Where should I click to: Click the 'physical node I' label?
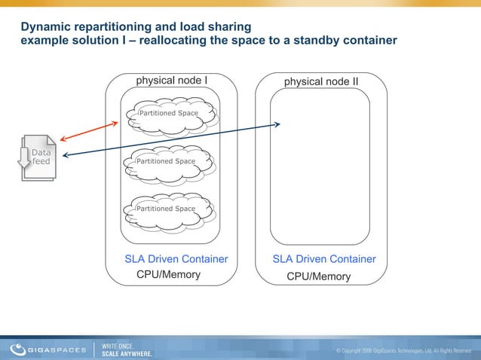171,79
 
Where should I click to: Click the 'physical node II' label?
321,81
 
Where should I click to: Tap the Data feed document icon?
38,157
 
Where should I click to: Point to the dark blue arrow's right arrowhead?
277,124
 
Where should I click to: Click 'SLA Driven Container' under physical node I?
176,259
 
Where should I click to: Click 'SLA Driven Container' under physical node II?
324,259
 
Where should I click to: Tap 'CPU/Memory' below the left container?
168,274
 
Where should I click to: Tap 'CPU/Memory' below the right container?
319,276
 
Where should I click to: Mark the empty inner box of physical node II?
320,166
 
